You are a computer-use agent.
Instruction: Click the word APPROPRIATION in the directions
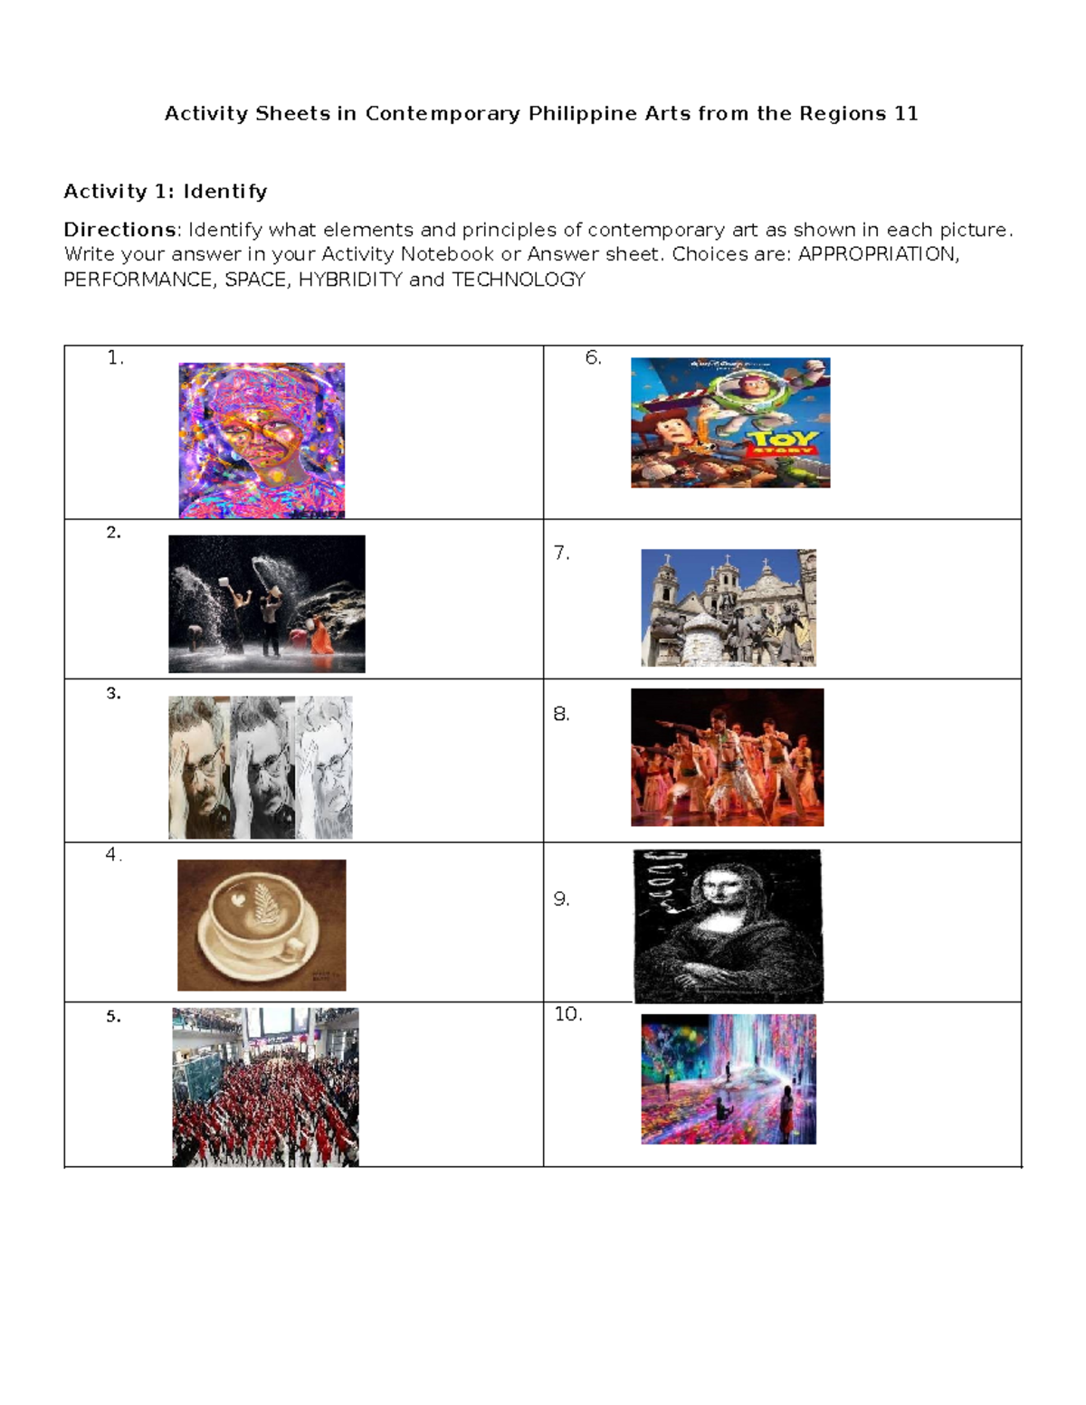[877, 254]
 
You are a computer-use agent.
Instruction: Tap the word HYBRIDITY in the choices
[350, 280]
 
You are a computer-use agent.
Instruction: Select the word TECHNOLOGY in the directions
[519, 280]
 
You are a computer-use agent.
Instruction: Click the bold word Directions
[119, 230]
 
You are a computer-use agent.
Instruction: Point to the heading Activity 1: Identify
[166, 191]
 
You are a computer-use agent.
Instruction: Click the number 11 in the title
[906, 113]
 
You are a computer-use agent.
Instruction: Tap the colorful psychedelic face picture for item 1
[262, 441]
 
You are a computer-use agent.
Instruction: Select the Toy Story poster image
[730, 422]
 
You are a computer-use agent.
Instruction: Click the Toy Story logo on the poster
[783, 442]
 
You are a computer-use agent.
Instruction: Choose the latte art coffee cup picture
[262, 925]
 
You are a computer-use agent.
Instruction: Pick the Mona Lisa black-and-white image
[728, 926]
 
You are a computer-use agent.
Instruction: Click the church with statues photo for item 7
[729, 607]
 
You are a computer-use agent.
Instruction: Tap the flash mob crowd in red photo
[265, 1087]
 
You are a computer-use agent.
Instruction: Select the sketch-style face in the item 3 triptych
[325, 767]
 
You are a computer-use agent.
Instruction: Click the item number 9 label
[561, 898]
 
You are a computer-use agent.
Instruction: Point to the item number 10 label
[567, 1014]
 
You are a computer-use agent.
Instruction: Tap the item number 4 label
[112, 855]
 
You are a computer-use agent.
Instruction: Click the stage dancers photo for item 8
[727, 757]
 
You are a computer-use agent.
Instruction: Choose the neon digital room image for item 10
[729, 1078]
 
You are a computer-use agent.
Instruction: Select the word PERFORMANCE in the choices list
[138, 280]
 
